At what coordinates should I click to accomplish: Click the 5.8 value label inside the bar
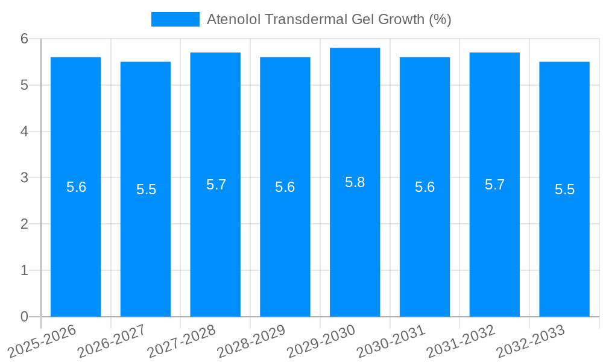click(355, 182)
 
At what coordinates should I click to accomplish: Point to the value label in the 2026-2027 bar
click(146, 189)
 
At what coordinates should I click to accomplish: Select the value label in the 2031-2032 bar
click(494, 185)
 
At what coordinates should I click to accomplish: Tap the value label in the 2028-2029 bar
click(285, 187)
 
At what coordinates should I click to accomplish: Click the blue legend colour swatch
click(175, 19)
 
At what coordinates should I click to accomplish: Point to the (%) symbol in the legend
click(440, 19)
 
